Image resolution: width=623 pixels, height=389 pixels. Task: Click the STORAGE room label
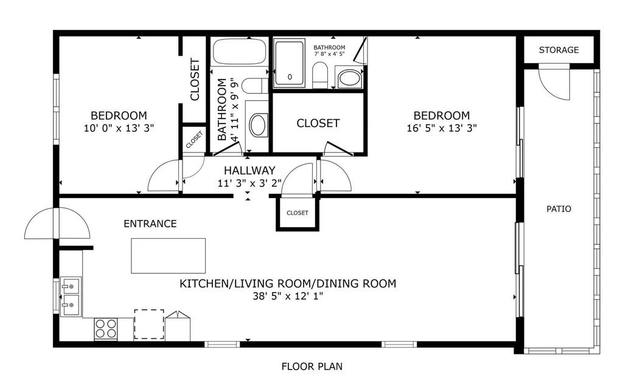[x=559, y=50]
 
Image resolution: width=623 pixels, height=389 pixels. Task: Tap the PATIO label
[x=559, y=208]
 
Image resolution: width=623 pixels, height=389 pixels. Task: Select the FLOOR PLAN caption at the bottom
[x=311, y=367]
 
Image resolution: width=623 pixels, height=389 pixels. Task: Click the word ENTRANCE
[x=150, y=224]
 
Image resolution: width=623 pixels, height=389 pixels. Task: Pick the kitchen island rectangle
[x=169, y=256]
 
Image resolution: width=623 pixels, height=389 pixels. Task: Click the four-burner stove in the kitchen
[x=105, y=329]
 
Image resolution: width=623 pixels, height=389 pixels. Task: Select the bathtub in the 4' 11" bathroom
[x=240, y=52]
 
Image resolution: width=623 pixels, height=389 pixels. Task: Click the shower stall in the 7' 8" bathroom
[x=289, y=63]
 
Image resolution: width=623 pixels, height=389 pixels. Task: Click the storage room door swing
[x=554, y=84]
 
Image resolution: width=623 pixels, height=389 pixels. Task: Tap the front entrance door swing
[x=57, y=224]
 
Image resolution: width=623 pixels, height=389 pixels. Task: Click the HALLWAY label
[x=249, y=171]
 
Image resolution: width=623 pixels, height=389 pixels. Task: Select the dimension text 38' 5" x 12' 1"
[x=288, y=296]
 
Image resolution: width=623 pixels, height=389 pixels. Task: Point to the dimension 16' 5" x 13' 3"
[x=441, y=128]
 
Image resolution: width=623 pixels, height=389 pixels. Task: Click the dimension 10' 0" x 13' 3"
[x=119, y=128]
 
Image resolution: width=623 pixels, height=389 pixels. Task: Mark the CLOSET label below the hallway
[x=298, y=213]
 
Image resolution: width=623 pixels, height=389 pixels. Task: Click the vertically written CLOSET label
[x=195, y=79]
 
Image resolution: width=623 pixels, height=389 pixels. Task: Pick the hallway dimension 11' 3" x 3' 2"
[x=249, y=182]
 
